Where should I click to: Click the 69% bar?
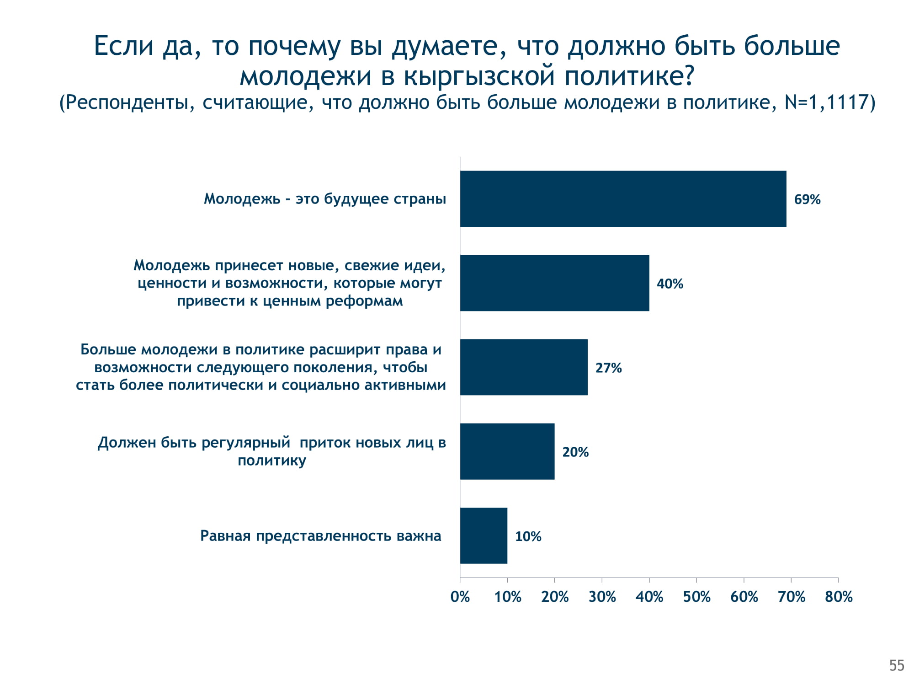623,199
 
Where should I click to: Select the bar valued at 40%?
554,283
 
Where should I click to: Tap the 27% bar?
524,367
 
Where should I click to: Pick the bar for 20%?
507,451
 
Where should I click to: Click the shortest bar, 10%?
484,536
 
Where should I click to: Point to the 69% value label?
807,199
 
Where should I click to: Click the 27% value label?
608,368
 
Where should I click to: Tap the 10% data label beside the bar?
528,536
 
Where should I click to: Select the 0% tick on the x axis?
460,597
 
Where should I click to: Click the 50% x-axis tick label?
696,597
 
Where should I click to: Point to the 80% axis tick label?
839,597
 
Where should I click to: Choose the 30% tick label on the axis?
602,597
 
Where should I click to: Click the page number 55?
897,665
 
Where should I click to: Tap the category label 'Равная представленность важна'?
320,536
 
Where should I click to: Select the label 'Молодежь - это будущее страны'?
324,199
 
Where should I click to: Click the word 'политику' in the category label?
272,460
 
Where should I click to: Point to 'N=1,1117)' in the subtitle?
829,102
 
